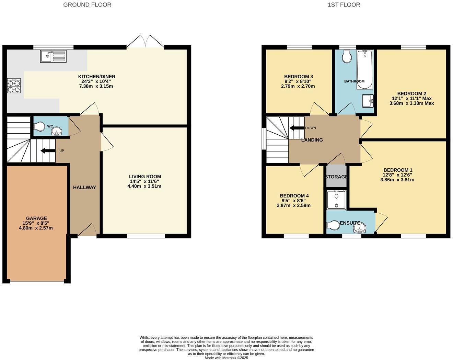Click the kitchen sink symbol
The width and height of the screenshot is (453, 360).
[53, 56]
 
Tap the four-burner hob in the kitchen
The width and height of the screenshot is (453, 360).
[14, 86]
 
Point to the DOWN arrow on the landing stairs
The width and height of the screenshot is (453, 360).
[297, 128]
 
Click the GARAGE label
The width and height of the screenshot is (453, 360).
[36, 218]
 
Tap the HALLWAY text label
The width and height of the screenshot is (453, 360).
[84, 187]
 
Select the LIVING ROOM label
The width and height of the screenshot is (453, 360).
[145, 177]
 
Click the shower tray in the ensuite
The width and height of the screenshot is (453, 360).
[336, 200]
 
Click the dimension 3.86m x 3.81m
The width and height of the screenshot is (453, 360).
[397, 179]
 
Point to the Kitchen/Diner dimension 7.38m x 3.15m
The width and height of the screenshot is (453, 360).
[96, 86]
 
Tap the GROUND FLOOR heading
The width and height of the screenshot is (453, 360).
[87, 5]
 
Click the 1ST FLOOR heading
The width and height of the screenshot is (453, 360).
[344, 5]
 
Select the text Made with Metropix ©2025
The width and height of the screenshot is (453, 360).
[226, 358]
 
